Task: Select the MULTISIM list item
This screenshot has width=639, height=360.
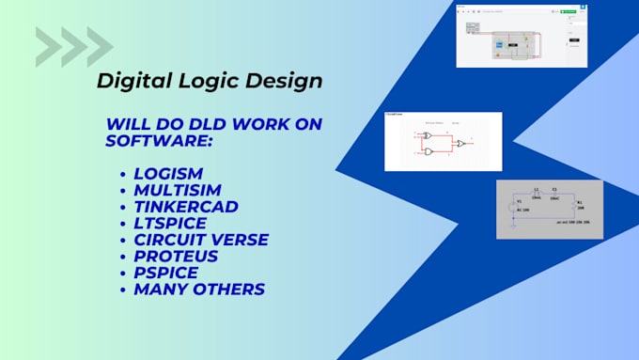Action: coord(178,191)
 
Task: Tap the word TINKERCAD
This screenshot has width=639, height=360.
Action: coord(186,207)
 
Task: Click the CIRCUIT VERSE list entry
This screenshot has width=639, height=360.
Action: coord(201,239)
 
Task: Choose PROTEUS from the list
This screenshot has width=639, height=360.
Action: coord(176,256)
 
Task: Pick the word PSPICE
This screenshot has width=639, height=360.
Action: coord(165,272)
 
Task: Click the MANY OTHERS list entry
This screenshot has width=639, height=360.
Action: coord(198,289)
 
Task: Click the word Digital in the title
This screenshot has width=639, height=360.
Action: coord(129,81)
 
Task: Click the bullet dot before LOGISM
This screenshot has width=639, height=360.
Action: coord(124,176)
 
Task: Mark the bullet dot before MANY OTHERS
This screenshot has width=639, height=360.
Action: coord(124,290)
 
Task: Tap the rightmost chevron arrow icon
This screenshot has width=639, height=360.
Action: coord(100,47)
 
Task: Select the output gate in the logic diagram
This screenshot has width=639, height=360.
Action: coord(460,143)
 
